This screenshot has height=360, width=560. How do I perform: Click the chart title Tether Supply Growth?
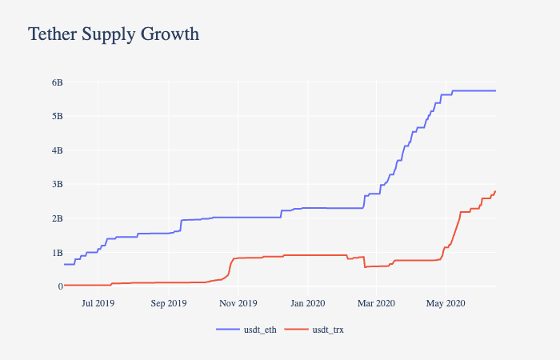click(x=114, y=34)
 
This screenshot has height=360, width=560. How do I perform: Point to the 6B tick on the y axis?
click(x=57, y=82)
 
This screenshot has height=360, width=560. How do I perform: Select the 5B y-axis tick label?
click(x=57, y=116)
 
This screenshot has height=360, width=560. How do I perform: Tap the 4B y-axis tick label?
click(x=57, y=150)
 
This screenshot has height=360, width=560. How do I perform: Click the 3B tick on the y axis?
click(x=57, y=184)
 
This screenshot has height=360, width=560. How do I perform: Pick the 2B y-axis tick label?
click(x=57, y=218)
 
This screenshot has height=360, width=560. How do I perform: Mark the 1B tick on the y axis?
click(x=57, y=252)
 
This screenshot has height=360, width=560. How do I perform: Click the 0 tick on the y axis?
click(x=59, y=286)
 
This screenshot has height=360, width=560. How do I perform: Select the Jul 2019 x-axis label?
click(x=98, y=303)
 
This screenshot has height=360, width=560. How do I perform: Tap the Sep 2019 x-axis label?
click(x=168, y=303)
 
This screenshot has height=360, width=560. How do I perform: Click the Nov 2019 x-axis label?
click(x=238, y=303)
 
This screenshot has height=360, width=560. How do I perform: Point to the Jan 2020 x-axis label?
click(x=307, y=303)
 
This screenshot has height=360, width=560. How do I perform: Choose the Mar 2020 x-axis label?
click(x=376, y=303)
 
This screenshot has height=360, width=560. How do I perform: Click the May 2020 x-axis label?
click(x=446, y=303)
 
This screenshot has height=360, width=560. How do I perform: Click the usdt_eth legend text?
click(x=261, y=330)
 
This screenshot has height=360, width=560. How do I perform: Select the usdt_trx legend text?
click(x=329, y=330)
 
